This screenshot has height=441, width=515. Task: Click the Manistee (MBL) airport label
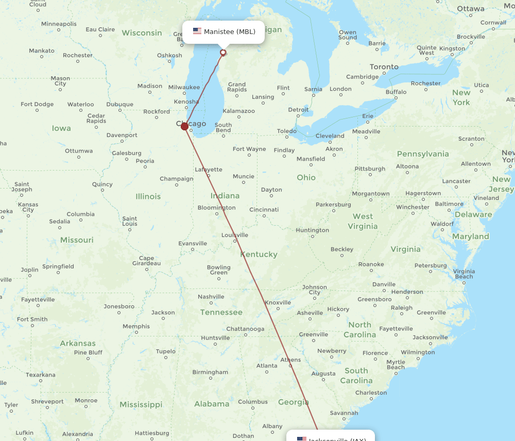pos(229,32)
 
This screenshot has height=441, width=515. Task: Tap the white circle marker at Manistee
pos(223,52)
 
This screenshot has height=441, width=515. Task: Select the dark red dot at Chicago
pos(184,126)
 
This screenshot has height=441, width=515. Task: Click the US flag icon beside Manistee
pos(197,31)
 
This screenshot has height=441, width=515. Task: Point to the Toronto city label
pos(384,66)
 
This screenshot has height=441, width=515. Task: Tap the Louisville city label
pos(234,235)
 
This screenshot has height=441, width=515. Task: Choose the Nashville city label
pos(211,296)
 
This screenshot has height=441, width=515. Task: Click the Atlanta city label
pos(267,366)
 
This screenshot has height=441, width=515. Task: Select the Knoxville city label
pos(278,302)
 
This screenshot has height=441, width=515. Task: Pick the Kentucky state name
pos(259,254)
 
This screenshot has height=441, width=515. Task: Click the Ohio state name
pos(306,177)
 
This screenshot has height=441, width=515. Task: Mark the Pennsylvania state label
pos(423,154)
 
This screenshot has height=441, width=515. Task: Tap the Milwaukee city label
pos(184,87)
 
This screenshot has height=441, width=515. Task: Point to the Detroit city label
pos(298,110)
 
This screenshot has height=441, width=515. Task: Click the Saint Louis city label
pos(130,221)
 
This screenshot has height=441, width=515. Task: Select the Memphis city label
pos(136,326)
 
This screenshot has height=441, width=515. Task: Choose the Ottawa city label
pos(470,9)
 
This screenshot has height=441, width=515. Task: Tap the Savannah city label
pos(344,413)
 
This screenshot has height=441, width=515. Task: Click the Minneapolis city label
pos(59,24)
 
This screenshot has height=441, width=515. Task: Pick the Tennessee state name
pos(221,312)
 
